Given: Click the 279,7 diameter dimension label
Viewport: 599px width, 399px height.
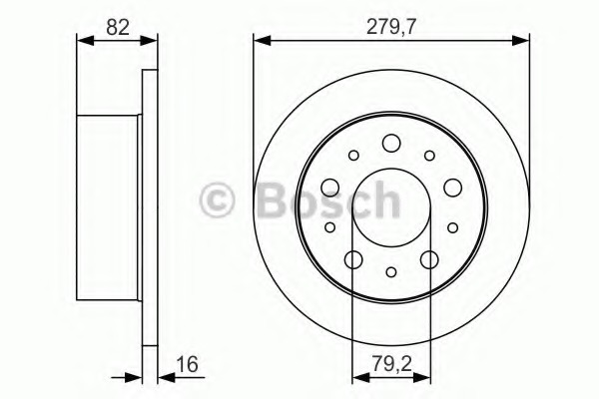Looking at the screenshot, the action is [390, 27].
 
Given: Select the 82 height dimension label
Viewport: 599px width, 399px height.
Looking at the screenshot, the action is [118, 27].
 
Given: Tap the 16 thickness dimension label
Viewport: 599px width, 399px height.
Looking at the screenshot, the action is [188, 364].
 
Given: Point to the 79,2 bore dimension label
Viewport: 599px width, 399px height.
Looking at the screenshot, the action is [392, 364].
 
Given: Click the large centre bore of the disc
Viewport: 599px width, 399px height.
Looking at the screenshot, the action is [391, 208].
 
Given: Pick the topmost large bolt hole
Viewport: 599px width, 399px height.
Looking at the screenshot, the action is [391, 143].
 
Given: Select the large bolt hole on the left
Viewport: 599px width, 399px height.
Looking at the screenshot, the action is [330, 188].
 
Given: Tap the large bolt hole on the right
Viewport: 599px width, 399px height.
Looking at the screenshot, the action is [453, 188].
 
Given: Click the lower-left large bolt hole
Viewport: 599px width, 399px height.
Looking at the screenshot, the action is [353, 259].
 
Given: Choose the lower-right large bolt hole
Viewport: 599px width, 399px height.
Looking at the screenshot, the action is [429, 259].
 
